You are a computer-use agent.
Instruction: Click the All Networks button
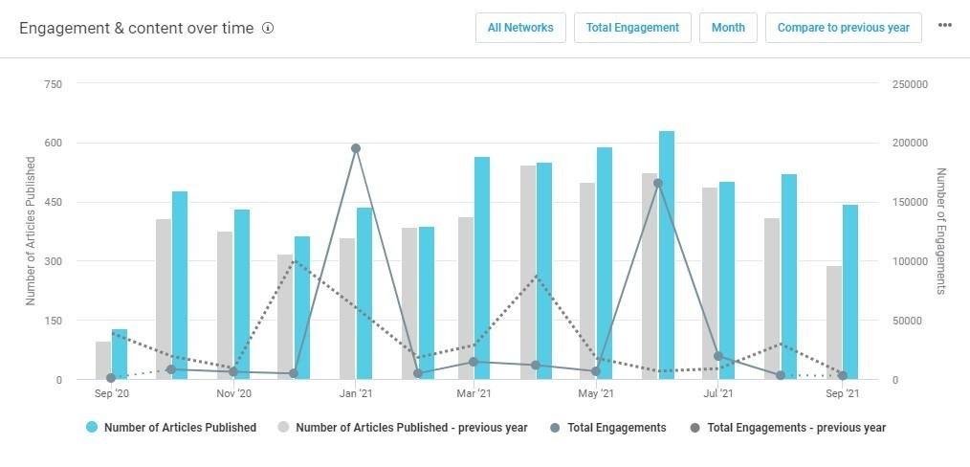pyautogui.click(x=520, y=28)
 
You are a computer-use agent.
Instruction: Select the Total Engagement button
pyautogui.click(x=632, y=28)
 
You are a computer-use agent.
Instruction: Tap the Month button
pyautogui.click(x=728, y=28)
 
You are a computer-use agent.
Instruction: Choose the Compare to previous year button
pyautogui.click(x=843, y=28)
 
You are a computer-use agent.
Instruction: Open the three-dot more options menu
pyautogui.click(x=945, y=26)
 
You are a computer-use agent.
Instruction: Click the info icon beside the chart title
pyautogui.click(x=268, y=28)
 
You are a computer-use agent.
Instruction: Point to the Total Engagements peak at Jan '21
pyautogui.click(x=356, y=148)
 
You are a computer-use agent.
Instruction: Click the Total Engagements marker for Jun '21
pyautogui.click(x=658, y=183)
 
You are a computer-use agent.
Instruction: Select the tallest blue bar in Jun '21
pyautogui.click(x=667, y=255)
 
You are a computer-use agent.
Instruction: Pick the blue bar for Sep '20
pyautogui.click(x=120, y=354)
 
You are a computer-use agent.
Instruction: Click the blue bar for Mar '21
pyautogui.click(x=482, y=268)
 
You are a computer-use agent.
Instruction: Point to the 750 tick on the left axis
pyautogui.click(x=54, y=84)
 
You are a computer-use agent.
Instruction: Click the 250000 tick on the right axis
pyautogui.click(x=909, y=84)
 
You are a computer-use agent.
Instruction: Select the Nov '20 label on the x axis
pyautogui.click(x=233, y=393)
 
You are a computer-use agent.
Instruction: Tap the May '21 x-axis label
pyautogui.click(x=596, y=393)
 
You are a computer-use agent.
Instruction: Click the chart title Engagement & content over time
pyautogui.click(x=137, y=28)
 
